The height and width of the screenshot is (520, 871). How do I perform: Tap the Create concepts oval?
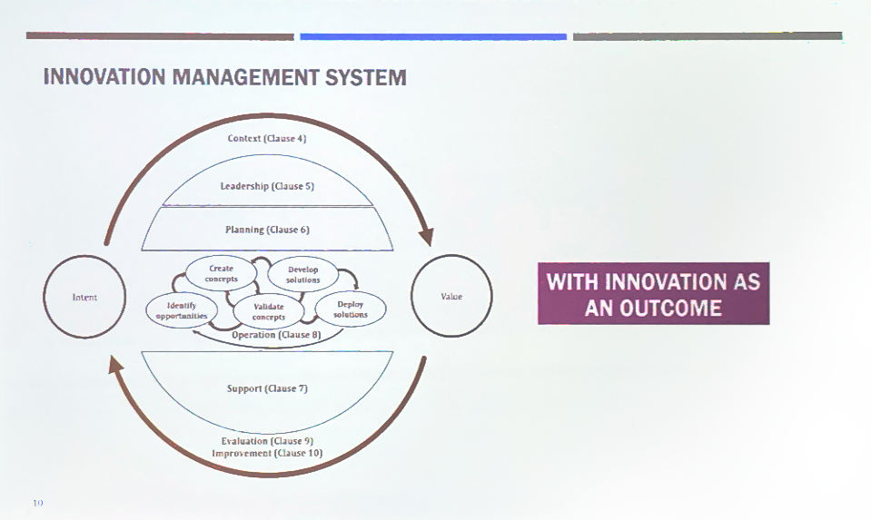(221, 273)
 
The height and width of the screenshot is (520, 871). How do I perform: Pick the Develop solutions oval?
(303, 275)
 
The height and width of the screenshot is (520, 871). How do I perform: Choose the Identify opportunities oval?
(182, 310)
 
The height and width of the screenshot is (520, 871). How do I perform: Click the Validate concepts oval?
(269, 312)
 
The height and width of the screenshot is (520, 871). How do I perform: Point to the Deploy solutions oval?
(351, 309)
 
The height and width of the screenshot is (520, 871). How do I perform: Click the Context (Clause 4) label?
(267, 138)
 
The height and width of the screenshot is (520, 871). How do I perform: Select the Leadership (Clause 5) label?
(267, 186)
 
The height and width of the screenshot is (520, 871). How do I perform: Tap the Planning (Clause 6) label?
(267, 230)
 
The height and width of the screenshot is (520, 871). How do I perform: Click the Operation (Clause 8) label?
(276, 335)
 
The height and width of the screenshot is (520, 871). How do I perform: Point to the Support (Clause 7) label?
(267, 388)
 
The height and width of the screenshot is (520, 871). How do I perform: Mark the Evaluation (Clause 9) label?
(267, 441)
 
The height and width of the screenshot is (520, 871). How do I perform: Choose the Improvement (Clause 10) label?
(267, 453)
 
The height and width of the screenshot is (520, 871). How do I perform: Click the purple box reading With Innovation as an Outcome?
(654, 293)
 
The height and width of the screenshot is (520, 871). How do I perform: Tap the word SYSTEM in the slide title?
(365, 77)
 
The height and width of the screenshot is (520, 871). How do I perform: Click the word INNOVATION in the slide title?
(104, 77)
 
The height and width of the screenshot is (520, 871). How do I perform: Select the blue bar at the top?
(433, 36)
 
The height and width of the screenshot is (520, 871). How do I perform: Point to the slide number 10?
(38, 503)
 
